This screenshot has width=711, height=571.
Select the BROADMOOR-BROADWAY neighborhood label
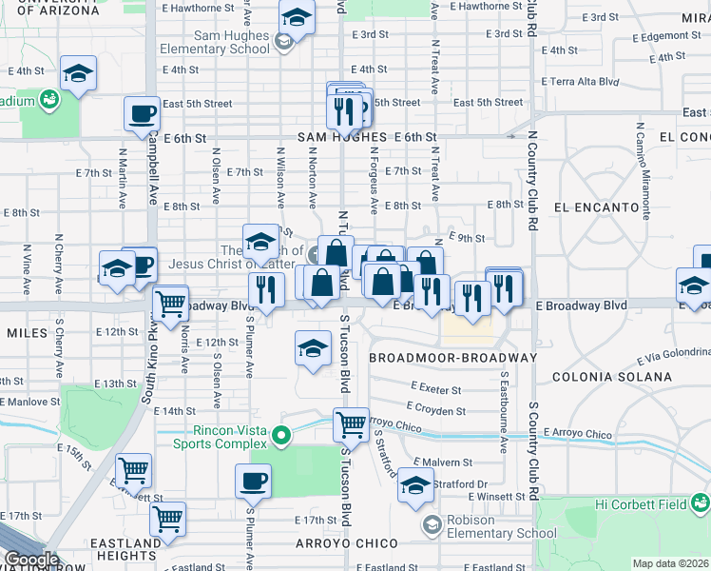coord(452,358)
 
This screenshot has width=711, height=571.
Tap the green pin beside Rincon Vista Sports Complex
coord(280,437)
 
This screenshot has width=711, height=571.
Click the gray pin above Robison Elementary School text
coord(432,524)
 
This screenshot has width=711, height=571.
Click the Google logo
coord(30,560)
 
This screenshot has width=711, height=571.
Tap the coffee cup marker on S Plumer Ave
coord(253,482)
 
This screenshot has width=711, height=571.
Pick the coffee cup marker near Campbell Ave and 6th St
coord(142,114)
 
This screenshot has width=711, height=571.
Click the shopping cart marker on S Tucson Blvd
coord(351,423)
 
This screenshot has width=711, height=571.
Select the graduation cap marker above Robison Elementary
coord(415,485)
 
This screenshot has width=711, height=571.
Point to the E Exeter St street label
coord(436,389)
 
